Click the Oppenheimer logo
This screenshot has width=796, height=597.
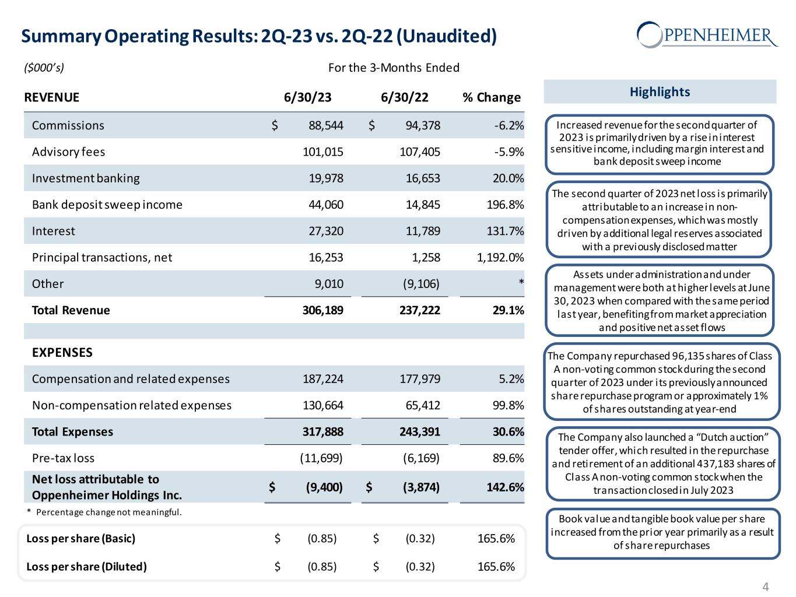point(707,34)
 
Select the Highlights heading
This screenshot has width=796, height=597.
point(660,92)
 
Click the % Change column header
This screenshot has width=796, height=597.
point(491,97)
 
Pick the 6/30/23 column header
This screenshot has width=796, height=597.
point(307,97)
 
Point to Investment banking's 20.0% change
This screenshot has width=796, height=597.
point(507,178)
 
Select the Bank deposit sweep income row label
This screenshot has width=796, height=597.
point(107,205)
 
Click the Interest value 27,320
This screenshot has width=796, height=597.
point(326,231)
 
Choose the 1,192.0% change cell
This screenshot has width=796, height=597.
point(500,258)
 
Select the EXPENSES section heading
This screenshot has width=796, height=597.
point(62,353)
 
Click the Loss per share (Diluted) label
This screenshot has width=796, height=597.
point(87,566)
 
